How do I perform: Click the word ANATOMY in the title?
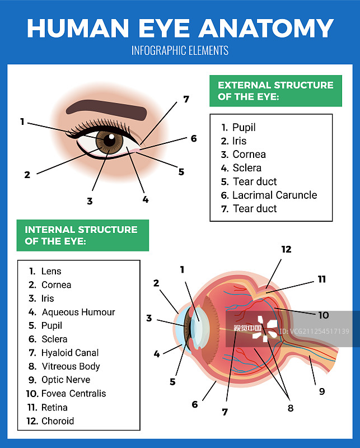coord(267,28)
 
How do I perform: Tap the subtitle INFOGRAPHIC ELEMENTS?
coord(180,50)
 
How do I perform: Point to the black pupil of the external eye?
coord(109,140)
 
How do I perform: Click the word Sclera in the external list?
coord(247,168)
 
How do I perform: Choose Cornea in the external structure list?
coord(249,155)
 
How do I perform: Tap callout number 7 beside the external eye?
coord(186,99)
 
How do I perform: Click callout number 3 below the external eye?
coord(90,201)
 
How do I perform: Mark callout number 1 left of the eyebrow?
coord(22,122)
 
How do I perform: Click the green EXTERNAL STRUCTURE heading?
coord(275,91)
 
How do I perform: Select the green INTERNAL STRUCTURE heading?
coord(82,235)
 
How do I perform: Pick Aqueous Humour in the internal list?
coord(78,312)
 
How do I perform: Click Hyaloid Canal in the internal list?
coord(70,353)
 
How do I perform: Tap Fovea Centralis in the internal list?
coord(74,394)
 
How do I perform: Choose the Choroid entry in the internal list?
coord(58,421)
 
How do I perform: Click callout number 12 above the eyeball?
coord(286,249)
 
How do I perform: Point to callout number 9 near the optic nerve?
coord(322,391)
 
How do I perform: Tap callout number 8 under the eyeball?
coord(291,408)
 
